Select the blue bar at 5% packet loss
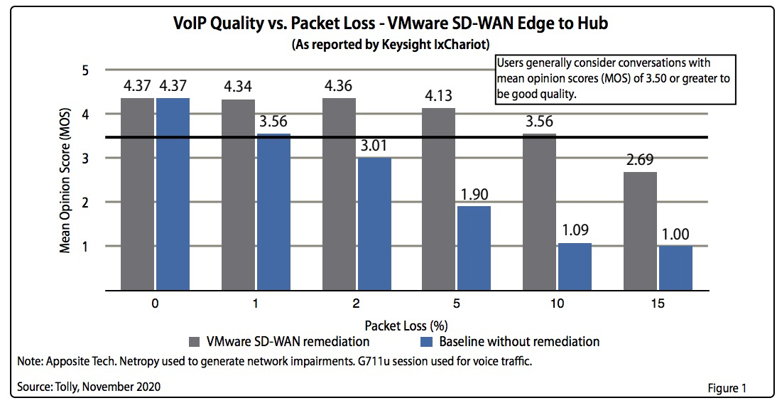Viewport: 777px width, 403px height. (x=474, y=248)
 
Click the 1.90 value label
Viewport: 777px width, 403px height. (x=474, y=194)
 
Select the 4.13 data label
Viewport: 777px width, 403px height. (x=440, y=96)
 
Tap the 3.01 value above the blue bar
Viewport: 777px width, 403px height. (x=373, y=146)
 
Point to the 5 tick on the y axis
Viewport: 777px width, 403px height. (x=85, y=70)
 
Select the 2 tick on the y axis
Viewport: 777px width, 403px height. (x=85, y=203)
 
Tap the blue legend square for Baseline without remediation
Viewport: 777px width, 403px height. (x=425, y=342)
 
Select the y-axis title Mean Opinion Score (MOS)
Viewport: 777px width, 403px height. (x=65, y=181)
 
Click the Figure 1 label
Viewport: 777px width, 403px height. (x=727, y=388)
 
